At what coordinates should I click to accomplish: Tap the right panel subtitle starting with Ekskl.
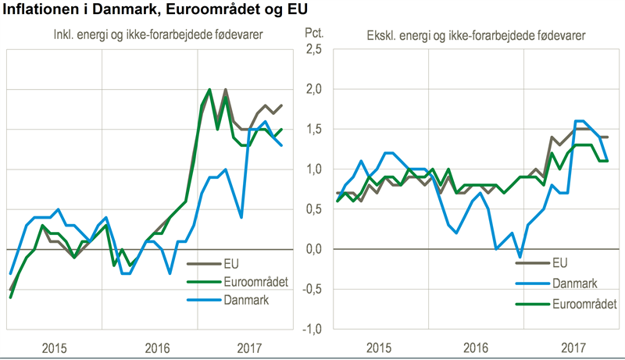(478, 35)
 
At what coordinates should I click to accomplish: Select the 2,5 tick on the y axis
(312, 49)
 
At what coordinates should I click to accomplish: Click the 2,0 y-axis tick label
(312, 89)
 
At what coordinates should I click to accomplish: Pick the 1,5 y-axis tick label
(312, 129)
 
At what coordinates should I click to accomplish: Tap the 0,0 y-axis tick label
(312, 249)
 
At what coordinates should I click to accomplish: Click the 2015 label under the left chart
(55, 347)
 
